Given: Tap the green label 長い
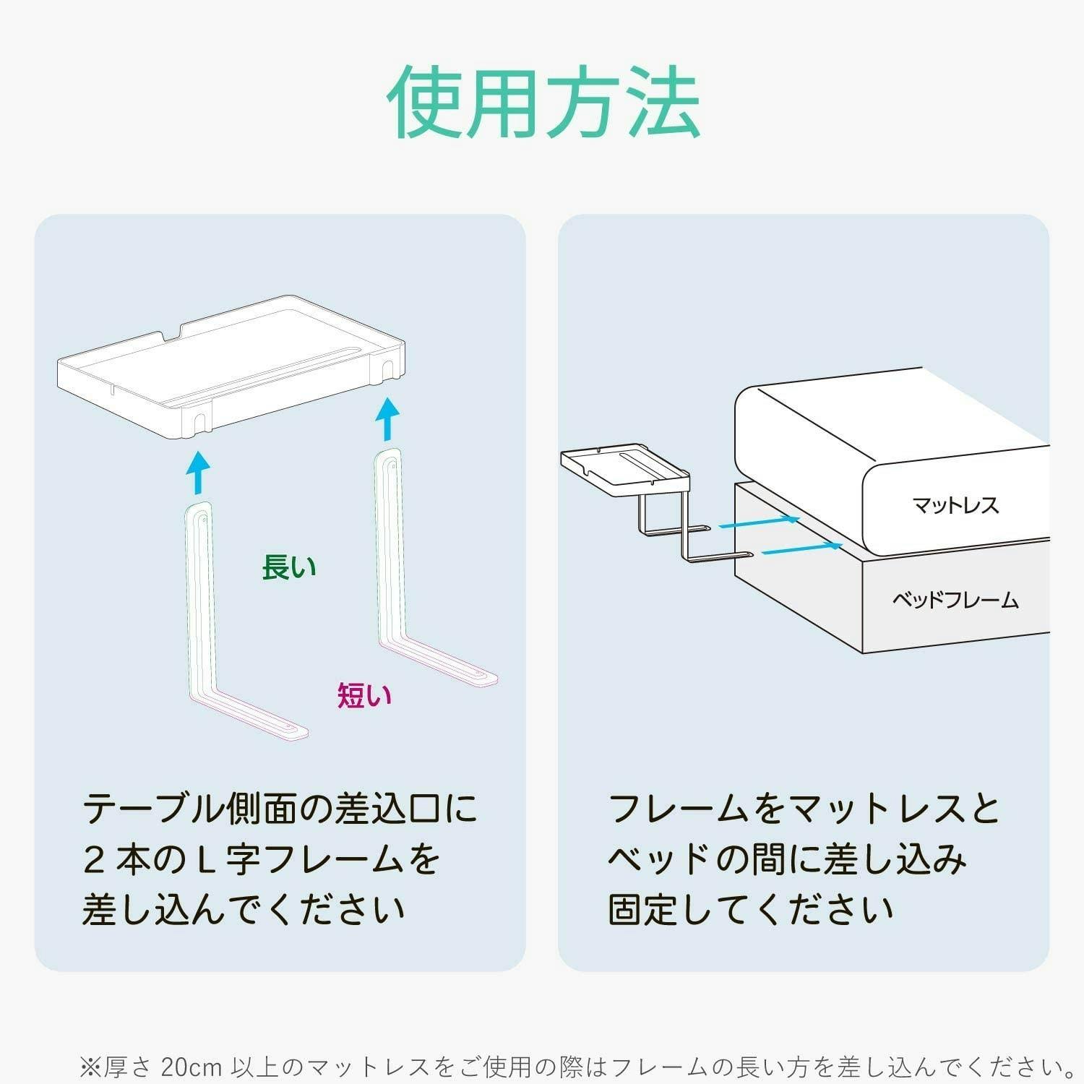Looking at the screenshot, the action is click(289, 567).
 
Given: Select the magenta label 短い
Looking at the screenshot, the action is click(365, 695).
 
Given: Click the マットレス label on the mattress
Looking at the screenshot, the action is click(955, 504).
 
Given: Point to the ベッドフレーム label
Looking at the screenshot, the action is click(955, 600).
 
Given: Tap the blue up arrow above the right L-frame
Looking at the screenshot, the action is click(389, 419).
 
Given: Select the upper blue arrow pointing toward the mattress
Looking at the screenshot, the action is click(760, 523).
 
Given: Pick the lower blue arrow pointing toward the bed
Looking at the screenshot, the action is click(802, 549).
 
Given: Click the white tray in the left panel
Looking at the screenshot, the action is click(231, 366).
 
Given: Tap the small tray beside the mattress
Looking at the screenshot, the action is click(625, 470).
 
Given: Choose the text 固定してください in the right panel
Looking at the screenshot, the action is click(751, 910).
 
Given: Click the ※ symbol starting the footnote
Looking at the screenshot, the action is click(91, 1067).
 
